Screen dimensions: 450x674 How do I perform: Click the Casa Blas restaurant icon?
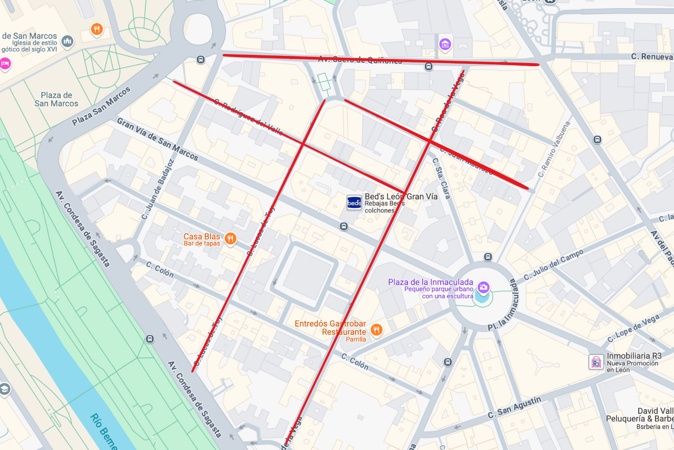pyautogui.click(x=231, y=238)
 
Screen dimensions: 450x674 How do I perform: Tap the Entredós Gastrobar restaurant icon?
pyautogui.click(x=377, y=330)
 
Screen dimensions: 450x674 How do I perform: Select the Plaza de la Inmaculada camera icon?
pyautogui.click(x=483, y=287)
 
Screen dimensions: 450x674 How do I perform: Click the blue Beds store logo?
pyautogui.click(x=354, y=203)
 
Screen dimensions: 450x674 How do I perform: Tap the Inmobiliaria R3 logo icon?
pyautogui.click(x=596, y=362)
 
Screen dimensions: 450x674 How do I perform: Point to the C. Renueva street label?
pyautogui.click(x=652, y=57)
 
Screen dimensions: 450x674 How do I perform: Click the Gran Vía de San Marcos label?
pyautogui.click(x=157, y=139)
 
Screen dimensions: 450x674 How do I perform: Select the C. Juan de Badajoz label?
pyautogui.click(x=158, y=189)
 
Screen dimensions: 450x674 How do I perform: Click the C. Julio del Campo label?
pyautogui.click(x=554, y=265)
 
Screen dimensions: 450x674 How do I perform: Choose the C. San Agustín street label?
pyautogui.click(x=514, y=407)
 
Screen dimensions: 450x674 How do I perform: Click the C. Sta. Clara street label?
pyautogui.click(x=441, y=178)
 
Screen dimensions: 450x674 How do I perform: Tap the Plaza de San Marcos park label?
pyautogui.click(x=57, y=99)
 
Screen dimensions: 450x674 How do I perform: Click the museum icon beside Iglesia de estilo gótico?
pyautogui.click(x=67, y=42)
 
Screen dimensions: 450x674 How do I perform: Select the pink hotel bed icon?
pyautogui.click(x=4, y=64)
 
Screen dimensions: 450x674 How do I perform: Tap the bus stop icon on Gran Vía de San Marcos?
pyautogui.click(x=344, y=227)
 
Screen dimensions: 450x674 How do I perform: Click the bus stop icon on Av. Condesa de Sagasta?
pyautogui.click(x=150, y=339)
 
